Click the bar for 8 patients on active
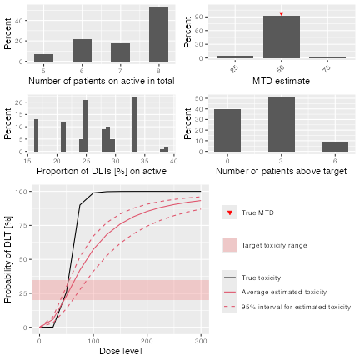click(158, 35)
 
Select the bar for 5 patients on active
click(43, 57)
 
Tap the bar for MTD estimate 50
click(282, 37)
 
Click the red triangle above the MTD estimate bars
click(282, 13)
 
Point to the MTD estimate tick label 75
click(327, 68)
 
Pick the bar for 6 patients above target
click(335, 147)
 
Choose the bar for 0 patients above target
click(227, 130)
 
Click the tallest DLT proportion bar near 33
click(135, 124)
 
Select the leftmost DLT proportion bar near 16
click(36, 135)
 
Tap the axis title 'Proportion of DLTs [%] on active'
click(102, 171)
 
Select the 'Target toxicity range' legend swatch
click(230, 245)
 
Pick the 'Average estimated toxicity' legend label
click(284, 292)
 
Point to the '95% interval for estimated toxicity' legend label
click(296, 307)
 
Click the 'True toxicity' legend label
click(261, 277)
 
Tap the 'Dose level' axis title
click(121, 351)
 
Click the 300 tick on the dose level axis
click(201, 341)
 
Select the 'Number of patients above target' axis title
click(282, 171)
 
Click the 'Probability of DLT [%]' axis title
click(8, 259)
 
